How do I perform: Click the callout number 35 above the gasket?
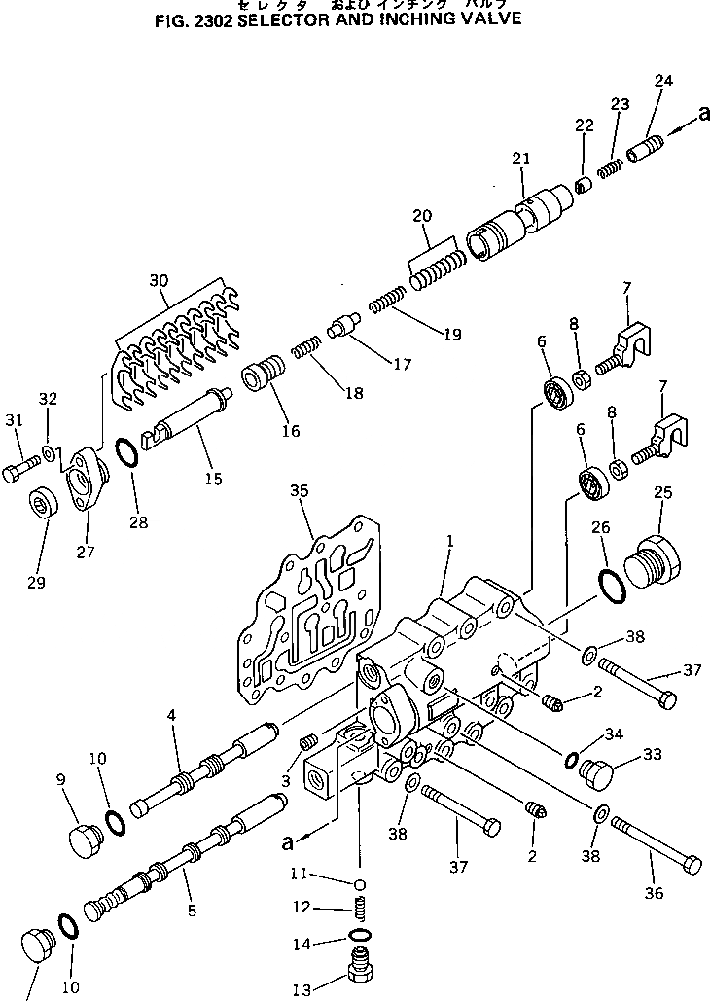point(299,492)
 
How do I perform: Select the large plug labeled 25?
point(647,563)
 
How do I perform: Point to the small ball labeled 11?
point(359,884)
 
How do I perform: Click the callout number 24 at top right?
point(663,81)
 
